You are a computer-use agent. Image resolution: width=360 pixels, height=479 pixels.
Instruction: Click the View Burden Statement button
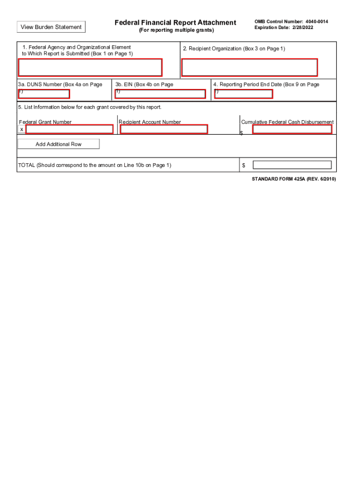click(51, 27)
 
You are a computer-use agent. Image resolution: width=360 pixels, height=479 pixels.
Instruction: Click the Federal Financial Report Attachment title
click(176, 22)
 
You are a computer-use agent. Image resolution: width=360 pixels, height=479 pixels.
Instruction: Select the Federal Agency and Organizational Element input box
click(90, 67)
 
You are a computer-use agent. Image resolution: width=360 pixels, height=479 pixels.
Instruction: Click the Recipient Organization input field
click(249, 67)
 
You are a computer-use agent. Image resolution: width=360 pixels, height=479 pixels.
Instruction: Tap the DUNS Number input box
click(43, 94)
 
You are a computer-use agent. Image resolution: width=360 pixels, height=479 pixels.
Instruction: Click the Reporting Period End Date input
click(244, 94)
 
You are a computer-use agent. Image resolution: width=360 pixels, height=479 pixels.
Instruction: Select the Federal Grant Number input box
click(69, 129)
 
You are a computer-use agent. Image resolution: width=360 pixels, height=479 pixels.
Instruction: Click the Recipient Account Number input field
click(164, 129)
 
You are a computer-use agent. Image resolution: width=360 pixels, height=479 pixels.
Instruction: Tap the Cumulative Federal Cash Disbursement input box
click(292, 129)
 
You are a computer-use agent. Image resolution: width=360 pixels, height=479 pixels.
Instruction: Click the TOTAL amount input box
click(292, 165)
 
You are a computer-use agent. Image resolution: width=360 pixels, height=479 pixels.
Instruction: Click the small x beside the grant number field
click(22, 129)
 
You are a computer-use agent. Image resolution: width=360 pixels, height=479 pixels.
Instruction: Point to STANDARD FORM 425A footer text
click(294, 179)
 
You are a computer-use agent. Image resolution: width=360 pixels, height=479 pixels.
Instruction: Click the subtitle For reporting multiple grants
click(176, 30)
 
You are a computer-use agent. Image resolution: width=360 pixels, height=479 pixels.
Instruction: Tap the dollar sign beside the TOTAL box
click(244, 166)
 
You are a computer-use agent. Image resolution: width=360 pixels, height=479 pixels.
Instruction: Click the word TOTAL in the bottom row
click(26, 165)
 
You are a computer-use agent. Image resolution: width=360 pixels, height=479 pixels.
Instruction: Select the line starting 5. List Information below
click(90, 107)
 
